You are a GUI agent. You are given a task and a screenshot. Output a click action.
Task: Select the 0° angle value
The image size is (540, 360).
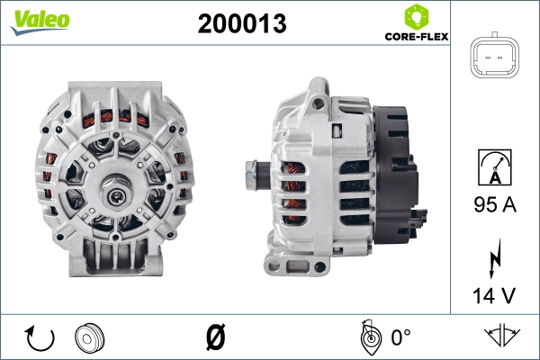coord(400,338)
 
